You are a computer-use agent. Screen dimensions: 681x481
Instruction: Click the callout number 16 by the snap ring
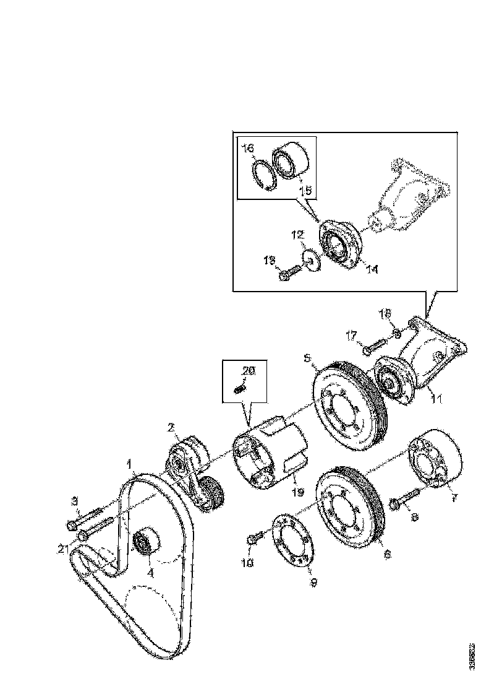247,149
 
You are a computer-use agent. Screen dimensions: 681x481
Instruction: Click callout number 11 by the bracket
436,399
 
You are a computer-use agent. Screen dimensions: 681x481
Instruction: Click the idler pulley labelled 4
147,544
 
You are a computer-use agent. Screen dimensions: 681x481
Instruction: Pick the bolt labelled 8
403,499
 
